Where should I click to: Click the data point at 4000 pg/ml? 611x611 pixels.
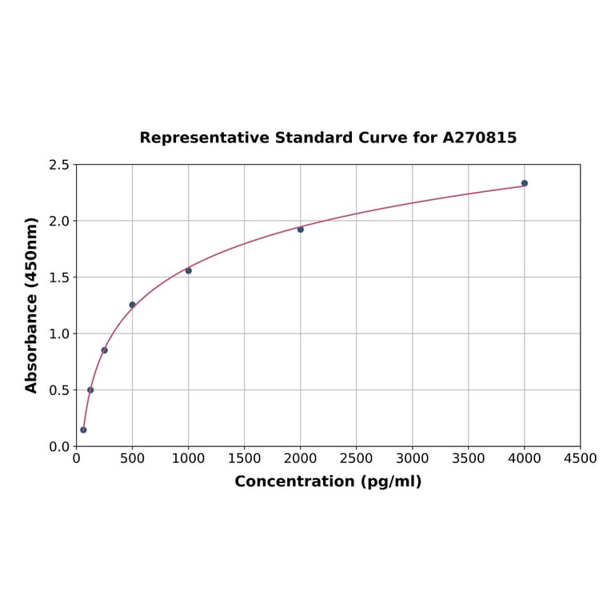525,183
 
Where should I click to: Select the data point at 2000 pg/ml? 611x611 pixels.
301,230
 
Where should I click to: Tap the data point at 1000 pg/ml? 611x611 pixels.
189,270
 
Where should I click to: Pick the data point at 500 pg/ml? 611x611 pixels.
133,305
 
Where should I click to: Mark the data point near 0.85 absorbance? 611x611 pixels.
104,350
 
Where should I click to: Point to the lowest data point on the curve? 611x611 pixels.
83,429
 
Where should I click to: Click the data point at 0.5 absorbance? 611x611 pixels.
90,390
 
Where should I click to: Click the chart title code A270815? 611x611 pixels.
479,138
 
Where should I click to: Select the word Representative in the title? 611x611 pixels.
205,138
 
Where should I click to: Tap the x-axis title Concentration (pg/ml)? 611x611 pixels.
328,481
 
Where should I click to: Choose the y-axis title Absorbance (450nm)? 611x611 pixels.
32,305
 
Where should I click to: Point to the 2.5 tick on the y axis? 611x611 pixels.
59,165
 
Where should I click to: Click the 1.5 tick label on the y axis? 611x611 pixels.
59,278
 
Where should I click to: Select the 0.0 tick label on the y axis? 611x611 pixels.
59,446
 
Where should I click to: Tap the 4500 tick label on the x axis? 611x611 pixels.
580,458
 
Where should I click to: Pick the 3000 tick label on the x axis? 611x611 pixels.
413,458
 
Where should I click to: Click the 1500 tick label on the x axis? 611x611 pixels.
245,458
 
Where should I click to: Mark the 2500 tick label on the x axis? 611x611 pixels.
357,458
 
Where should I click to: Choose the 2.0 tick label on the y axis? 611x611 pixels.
59,221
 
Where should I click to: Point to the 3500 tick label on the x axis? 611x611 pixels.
469,458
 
